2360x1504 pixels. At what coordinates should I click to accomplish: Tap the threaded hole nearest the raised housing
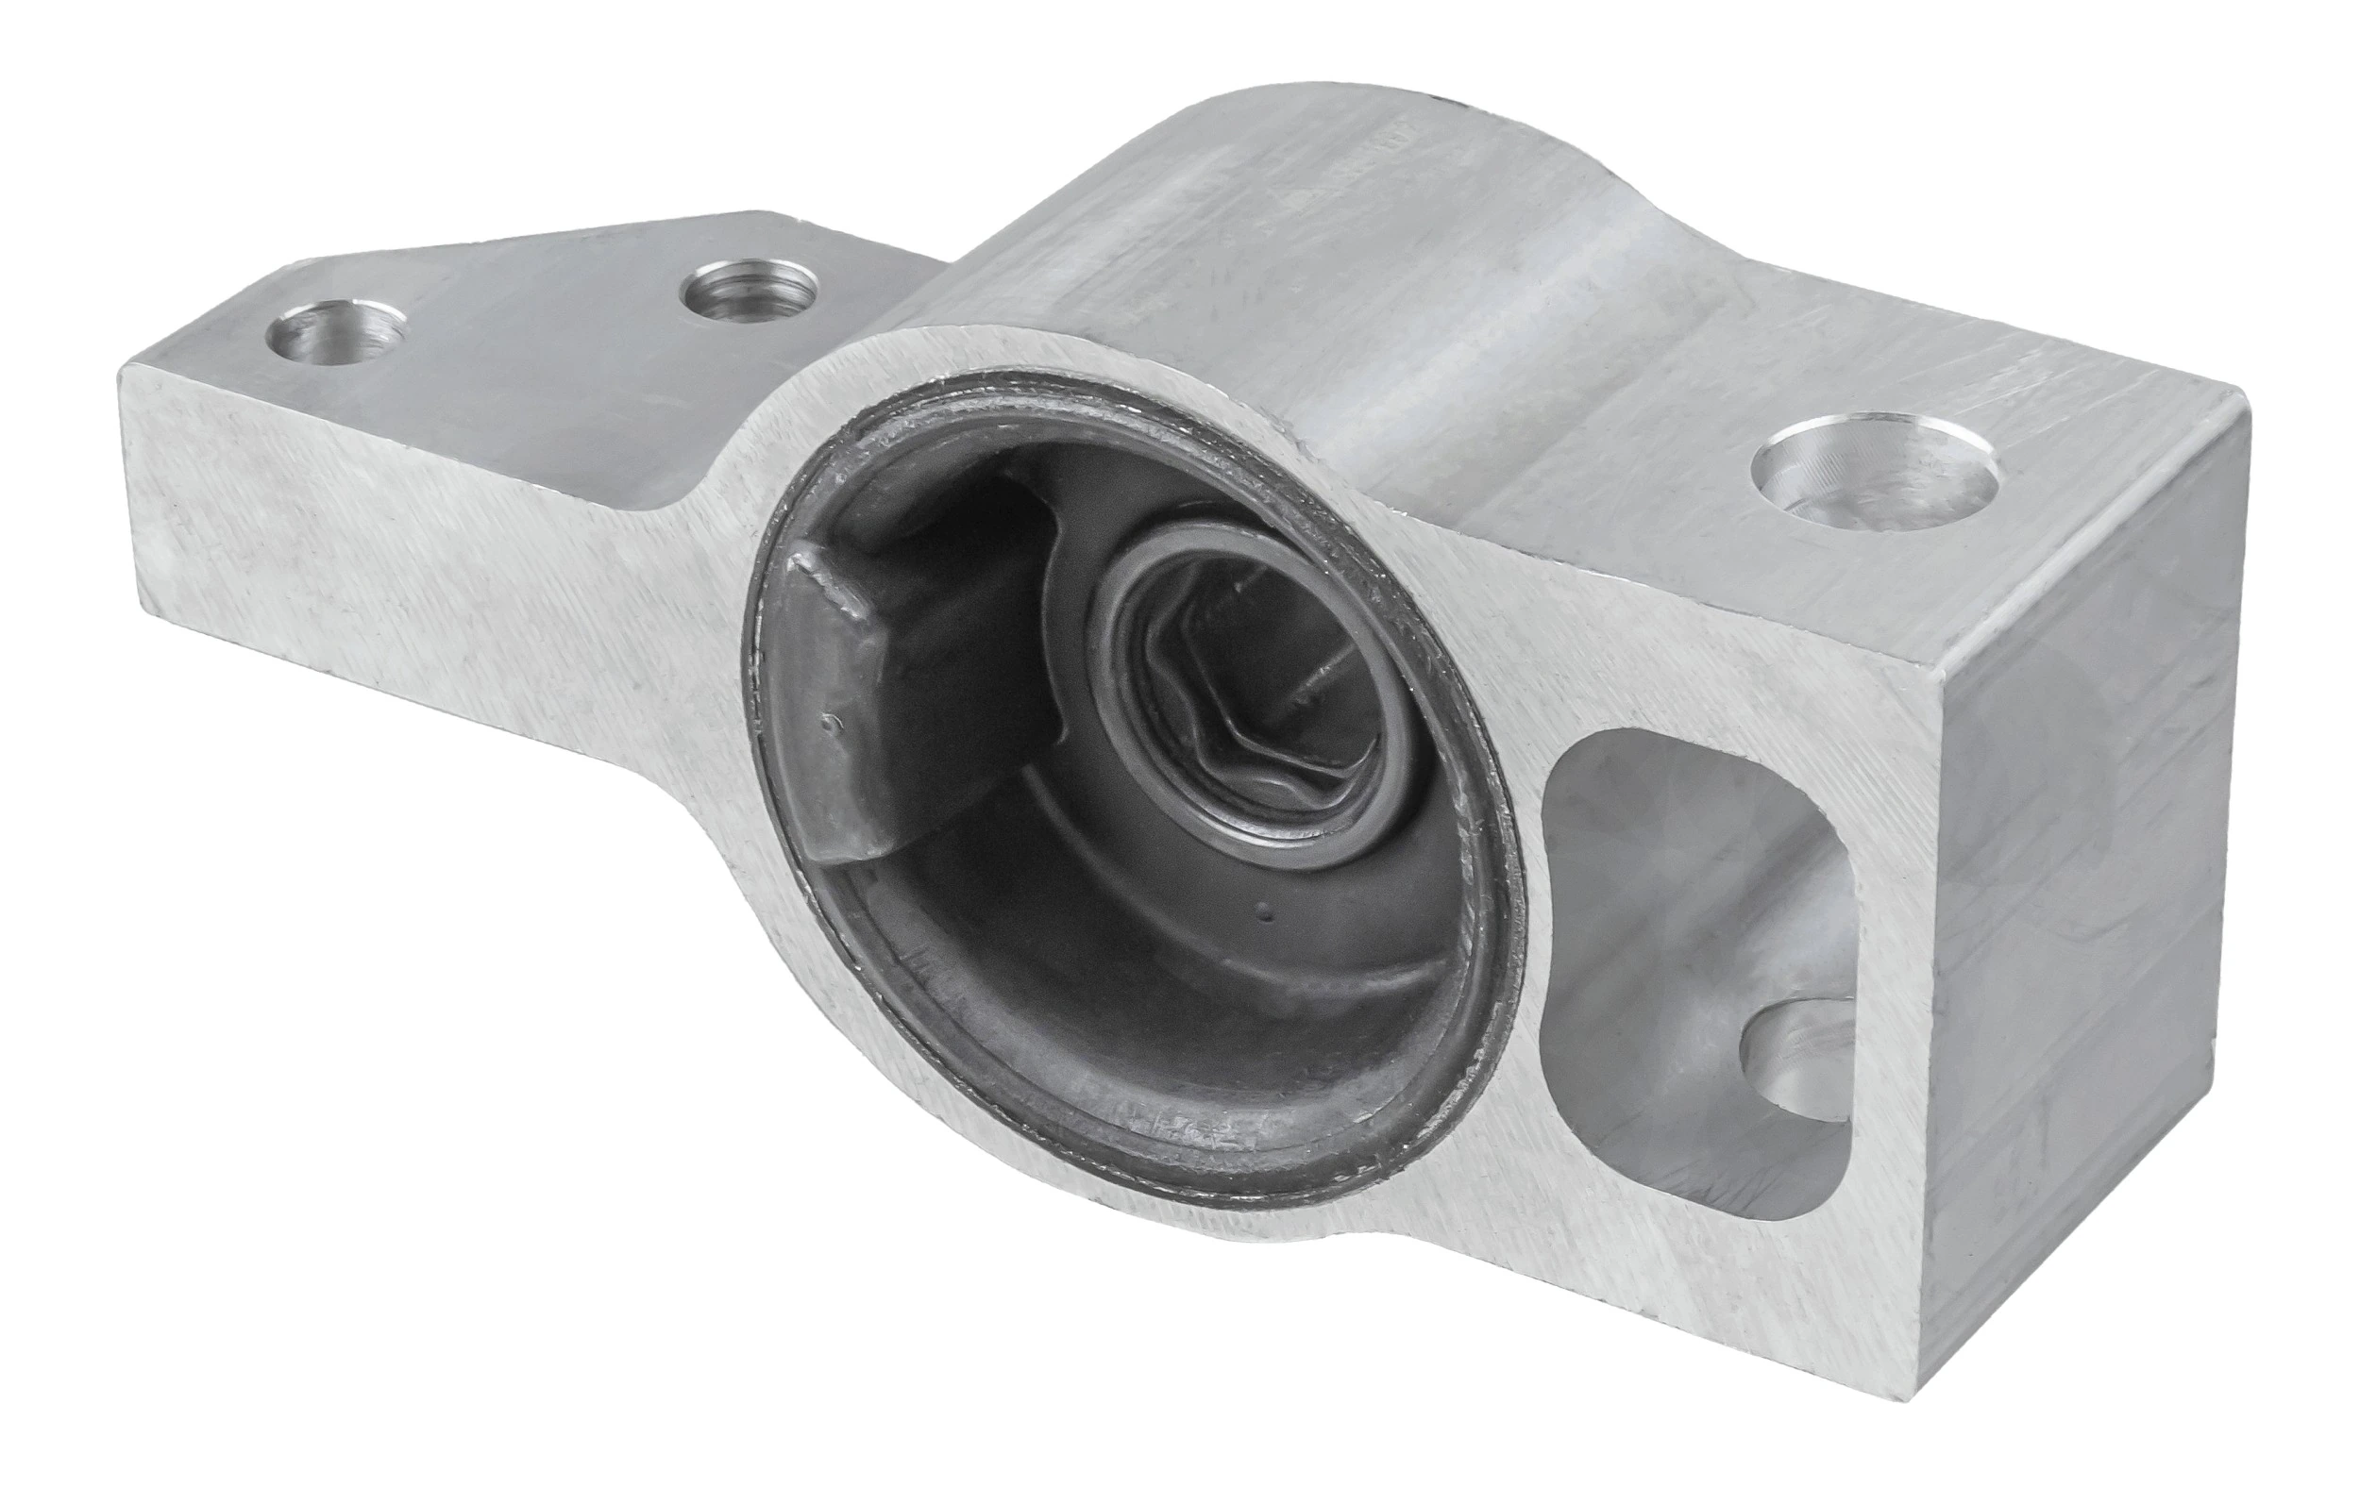click(750, 287)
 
